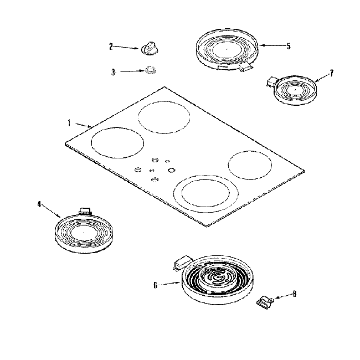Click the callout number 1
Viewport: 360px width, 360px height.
[69, 122]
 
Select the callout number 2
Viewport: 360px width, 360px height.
[110, 47]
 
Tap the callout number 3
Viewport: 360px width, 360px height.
[113, 72]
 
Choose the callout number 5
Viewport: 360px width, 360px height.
[288, 47]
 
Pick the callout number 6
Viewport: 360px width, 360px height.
[156, 285]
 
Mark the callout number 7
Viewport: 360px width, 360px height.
[331, 72]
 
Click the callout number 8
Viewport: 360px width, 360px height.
[294, 294]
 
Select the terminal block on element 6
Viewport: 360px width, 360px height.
[181, 260]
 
